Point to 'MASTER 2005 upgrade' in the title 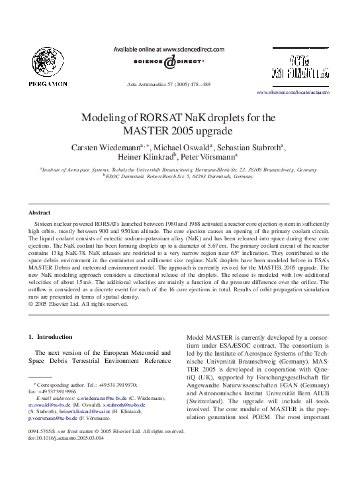pos(180,130)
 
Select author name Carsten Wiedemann pos(109,146)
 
